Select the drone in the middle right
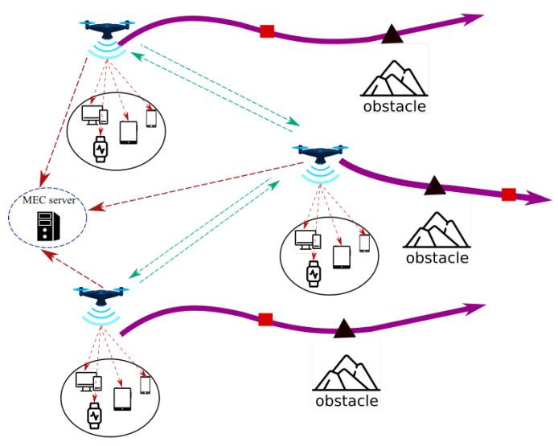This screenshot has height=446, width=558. point(321,153)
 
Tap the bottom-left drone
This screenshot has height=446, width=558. point(101,295)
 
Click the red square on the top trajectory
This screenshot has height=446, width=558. point(267,31)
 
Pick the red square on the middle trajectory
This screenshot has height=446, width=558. point(508,194)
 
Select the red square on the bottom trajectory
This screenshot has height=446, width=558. point(265,319)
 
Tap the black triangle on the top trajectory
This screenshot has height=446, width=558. point(392,34)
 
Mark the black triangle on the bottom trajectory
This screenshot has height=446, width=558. point(344,327)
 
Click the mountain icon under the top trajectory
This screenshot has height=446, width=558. point(393,76)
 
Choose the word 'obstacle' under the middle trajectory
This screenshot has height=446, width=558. point(437,258)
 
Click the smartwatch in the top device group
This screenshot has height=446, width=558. point(101,148)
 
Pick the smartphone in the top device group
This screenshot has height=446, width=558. point(150,118)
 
